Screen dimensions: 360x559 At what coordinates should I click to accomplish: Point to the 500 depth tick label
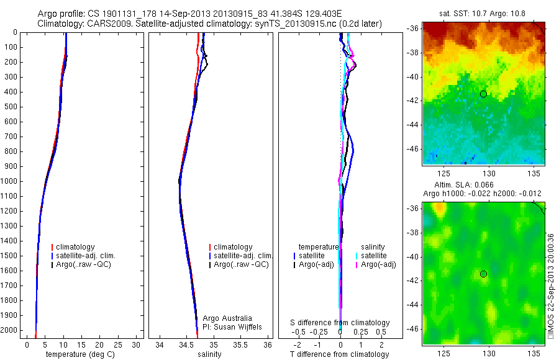click(x=11, y=107)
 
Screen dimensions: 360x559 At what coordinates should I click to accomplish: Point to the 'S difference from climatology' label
click(x=340, y=323)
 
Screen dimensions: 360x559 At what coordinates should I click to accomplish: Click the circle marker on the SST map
click(x=483, y=94)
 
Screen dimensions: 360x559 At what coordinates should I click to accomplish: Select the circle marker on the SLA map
click(x=483, y=274)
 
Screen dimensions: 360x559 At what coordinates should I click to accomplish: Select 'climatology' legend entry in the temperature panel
click(x=75, y=247)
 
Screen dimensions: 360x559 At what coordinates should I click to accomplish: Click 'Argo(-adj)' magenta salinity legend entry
click(x=378, y=264)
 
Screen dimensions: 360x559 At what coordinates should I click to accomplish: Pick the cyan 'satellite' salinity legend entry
click(x=374, y=256)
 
